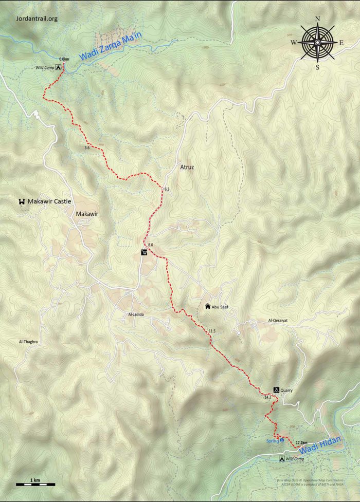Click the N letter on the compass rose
[x=317, y=20]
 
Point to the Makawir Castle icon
[x=22, y=202]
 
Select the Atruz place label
[x=187, y=168]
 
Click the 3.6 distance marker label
[x=86, y=148]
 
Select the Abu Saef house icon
[x=208, y=307]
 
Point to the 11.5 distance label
[x=211, y=330]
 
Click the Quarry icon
[x=276, y=391]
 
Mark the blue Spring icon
[x=281, y=441]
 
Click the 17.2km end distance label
[x=301, y=442]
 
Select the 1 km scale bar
[x=35, y=484]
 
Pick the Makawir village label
[x=86, y=214]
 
